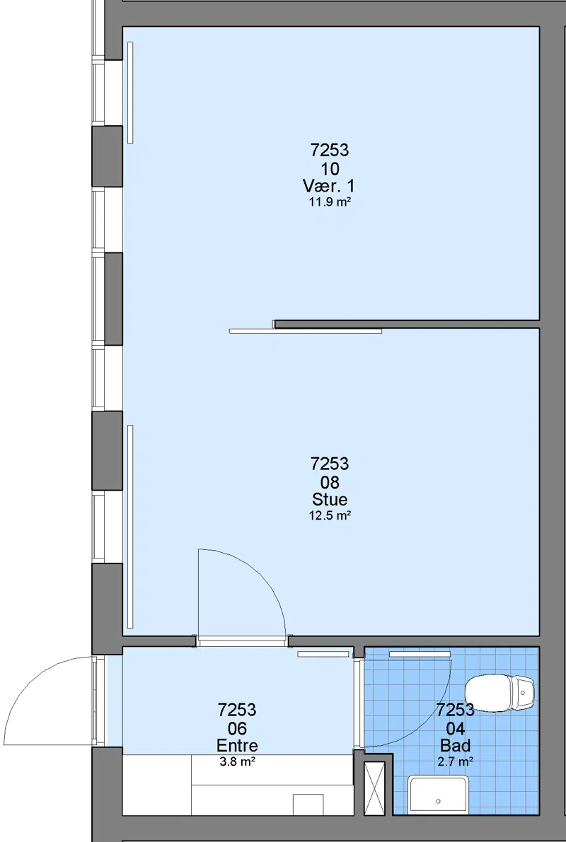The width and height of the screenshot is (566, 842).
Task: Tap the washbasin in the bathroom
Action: click(x=437, y=795)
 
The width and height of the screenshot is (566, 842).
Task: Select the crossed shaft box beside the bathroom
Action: click(x=375, y=788)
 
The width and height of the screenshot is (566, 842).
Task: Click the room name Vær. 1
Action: click(x=329, y=187)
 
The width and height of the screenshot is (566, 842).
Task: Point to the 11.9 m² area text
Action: click(x=330, y=202)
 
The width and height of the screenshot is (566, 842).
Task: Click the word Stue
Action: click(x=330, y=499)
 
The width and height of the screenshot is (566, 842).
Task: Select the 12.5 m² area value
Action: click(x=330, y=515)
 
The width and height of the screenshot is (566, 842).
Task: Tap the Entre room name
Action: click(x=237, y=745)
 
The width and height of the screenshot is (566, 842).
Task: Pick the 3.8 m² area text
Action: click(x=237, y=761)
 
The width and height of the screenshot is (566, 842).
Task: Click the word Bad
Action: click(x=455, y=745)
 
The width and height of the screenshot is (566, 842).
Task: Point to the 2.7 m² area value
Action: click(x=455, y=761)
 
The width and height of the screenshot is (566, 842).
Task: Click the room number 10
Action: click(x=330, y=169)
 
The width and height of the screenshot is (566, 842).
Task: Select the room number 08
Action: click(x=330, y=481)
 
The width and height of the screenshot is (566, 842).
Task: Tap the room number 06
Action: click(x=237, y=728)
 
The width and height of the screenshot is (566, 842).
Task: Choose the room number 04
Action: click(x=455, y=728)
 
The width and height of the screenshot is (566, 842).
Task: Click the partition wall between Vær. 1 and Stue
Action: click(x=407, y=324)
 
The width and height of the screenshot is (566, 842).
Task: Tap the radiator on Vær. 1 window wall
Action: click(x=130, y=93)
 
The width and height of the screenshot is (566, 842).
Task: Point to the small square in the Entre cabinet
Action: click(x=308, y=805)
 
